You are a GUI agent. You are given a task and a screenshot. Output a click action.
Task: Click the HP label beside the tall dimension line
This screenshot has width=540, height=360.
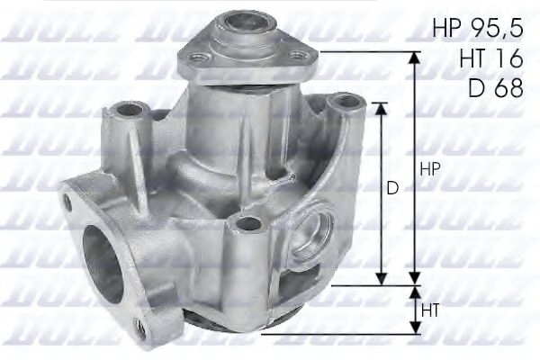tap(429, 169)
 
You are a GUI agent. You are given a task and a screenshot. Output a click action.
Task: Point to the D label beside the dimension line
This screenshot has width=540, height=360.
tap(393, 189)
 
